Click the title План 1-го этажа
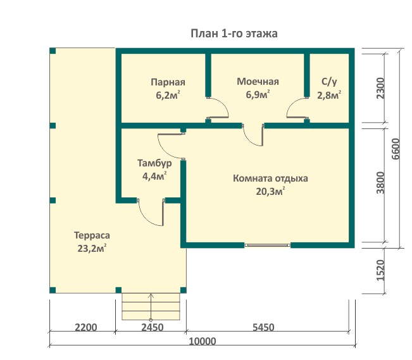point(234,34)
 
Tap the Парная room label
point(168,82)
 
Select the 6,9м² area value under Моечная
point(258,94)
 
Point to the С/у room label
point(329,82)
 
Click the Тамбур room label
point(154,163)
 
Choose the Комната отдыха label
point(270,178)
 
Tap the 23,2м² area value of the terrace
point(92,248)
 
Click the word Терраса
point(92,235)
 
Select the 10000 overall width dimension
point(203,342)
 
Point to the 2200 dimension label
point(86,328)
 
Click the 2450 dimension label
point(153,328)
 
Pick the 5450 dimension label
point(263,328)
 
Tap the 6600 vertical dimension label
point(395,149)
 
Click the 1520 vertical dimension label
point(380,270)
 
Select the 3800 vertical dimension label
point(380,183)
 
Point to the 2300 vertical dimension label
point(380,89)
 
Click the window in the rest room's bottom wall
point(268,245)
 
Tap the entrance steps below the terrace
point(151,306)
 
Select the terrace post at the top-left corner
point(53,51)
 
